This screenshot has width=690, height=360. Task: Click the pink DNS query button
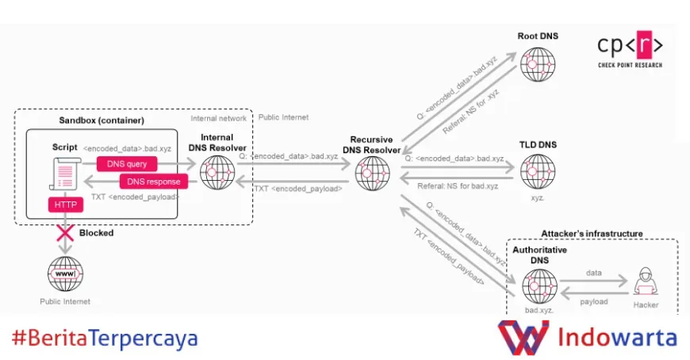[x=127, y=164]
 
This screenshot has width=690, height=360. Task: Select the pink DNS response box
[x=153, y=182]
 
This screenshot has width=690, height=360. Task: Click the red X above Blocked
[x=64, y=233]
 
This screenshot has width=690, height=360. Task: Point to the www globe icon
[x=65, y=274]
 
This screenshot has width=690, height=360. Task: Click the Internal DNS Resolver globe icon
[x=217, y=172]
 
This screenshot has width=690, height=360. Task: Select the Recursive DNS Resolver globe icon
[x=372, y=174]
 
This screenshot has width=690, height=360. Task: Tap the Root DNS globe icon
[x=537, y=64]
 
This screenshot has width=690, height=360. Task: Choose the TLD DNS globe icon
[x=537, y=171]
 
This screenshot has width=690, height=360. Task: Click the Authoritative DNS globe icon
[x=539, y=285]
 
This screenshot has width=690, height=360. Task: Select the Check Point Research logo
[x=631, y=50]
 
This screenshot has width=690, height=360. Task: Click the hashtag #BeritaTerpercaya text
[x=105, y=339]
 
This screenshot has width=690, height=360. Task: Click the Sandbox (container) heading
[x=102, y=121]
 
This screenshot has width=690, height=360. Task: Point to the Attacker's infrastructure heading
[x=592, y=234]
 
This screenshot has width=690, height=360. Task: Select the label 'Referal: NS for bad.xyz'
[x=458, y=186]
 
